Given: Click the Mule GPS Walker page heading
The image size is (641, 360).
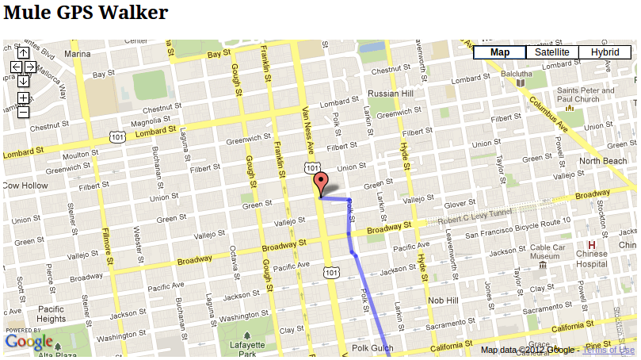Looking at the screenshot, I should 86,13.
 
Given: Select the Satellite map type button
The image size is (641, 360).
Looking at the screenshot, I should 551,52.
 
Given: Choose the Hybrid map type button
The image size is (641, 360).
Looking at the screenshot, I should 605,52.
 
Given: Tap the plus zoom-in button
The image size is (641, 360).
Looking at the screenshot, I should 24,98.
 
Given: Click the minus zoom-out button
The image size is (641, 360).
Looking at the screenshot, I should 24,112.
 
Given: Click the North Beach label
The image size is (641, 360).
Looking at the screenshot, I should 603,161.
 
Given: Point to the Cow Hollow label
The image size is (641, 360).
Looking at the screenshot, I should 26,186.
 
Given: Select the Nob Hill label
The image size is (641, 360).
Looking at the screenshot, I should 443,301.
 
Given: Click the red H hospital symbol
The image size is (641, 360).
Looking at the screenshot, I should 591,244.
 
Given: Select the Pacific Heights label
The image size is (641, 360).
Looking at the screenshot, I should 51,314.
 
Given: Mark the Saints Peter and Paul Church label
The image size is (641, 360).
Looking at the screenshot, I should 586,95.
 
